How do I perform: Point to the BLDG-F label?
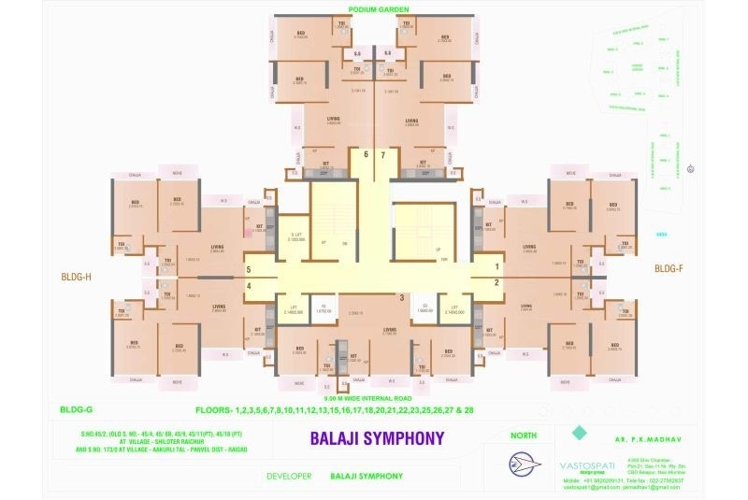point(669,269)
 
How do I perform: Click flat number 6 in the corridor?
point(367,153)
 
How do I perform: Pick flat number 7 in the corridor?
point(383,153)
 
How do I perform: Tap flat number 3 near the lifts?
point(401,297)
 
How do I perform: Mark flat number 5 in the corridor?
point(249,269)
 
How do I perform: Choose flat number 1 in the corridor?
point(496,266)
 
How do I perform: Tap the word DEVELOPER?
point(288,477)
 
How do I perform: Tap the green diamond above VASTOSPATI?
point(579,433)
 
